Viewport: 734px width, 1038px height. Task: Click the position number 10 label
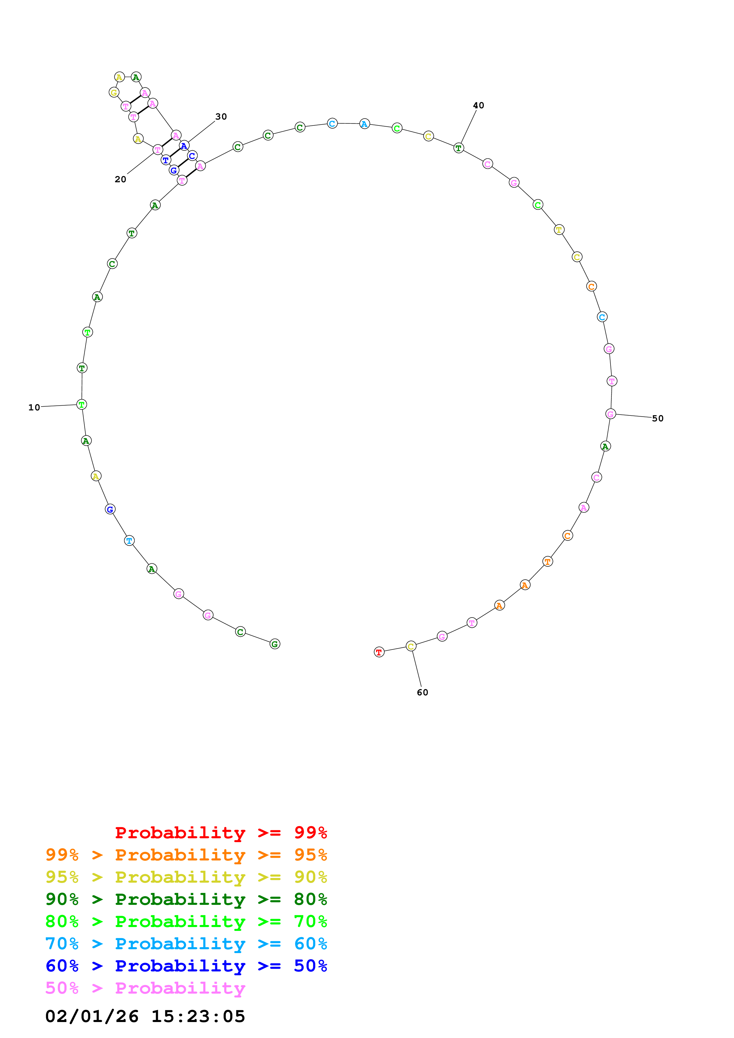[x=34, y=407]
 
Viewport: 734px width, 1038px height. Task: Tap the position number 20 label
[x=120, y=180]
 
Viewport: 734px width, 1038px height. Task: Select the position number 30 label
[x=221, y=117]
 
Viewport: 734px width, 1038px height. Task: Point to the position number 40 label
[x=478, y=105]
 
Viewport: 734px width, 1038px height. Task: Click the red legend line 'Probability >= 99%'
[x=221, y=833]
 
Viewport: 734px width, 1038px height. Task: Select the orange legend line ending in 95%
[x=186, y=855]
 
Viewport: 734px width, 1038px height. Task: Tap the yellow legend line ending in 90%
[x=186, y=877]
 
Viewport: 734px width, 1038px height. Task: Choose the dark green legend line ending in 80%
[x=186, y=899]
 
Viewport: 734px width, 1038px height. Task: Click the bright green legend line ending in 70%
[x=186, y=921]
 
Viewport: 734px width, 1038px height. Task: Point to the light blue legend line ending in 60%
[x=186, y=944]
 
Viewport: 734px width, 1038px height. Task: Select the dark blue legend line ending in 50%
[x=186, y=966]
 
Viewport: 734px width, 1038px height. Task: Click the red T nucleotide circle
[x=379, y=652]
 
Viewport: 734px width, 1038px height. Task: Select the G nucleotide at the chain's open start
[x=274, y=644]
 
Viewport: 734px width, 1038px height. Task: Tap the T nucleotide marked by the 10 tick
[x=82, y=404]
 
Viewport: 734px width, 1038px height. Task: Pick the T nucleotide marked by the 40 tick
[x=459, y=148]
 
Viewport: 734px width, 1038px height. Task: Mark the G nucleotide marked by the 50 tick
[x=611, y=414]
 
